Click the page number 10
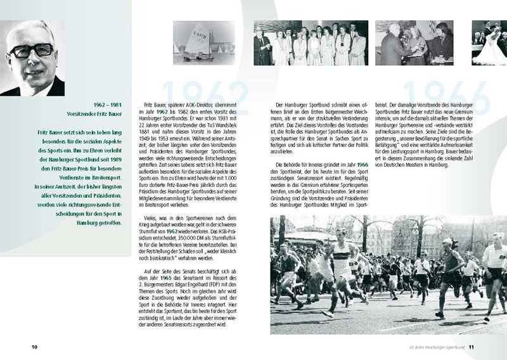35,347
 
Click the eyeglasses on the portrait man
31,50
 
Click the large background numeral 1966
444,95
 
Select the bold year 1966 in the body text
363,164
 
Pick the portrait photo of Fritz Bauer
32,58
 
